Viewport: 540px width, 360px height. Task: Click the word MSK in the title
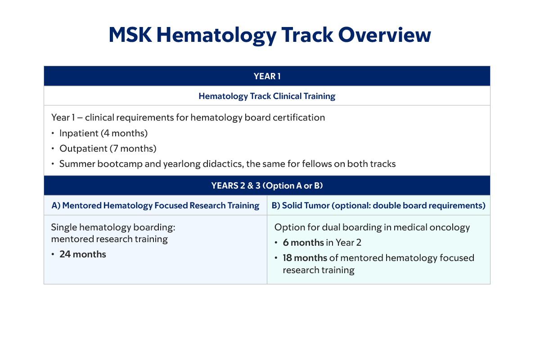[x=130, y=35]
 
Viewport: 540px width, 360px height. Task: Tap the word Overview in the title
[x=384, y=35]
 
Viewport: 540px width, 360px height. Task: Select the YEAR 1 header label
[x=267, y=76]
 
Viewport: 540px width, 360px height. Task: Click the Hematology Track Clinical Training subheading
[x=267, y=96]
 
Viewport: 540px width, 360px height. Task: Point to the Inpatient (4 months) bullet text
[x=103, y=133]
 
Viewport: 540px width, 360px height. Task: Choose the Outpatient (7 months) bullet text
[x=108, y=148]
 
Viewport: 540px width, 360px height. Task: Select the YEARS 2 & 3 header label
[x=267, y=186]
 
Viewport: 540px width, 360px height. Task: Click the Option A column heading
[x=155, y=206]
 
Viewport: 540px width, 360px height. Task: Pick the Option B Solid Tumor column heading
[x=378, y=206]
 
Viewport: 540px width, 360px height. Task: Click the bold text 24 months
[x=83, y=254]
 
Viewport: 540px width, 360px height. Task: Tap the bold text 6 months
[x=303, y=243]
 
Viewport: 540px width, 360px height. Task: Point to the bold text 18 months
[x=305, y=258]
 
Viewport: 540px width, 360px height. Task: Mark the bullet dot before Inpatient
[x=53, y=133]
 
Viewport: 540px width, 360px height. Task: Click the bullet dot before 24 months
[x=53, y=254]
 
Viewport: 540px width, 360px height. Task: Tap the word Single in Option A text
[x=63, y=228]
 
